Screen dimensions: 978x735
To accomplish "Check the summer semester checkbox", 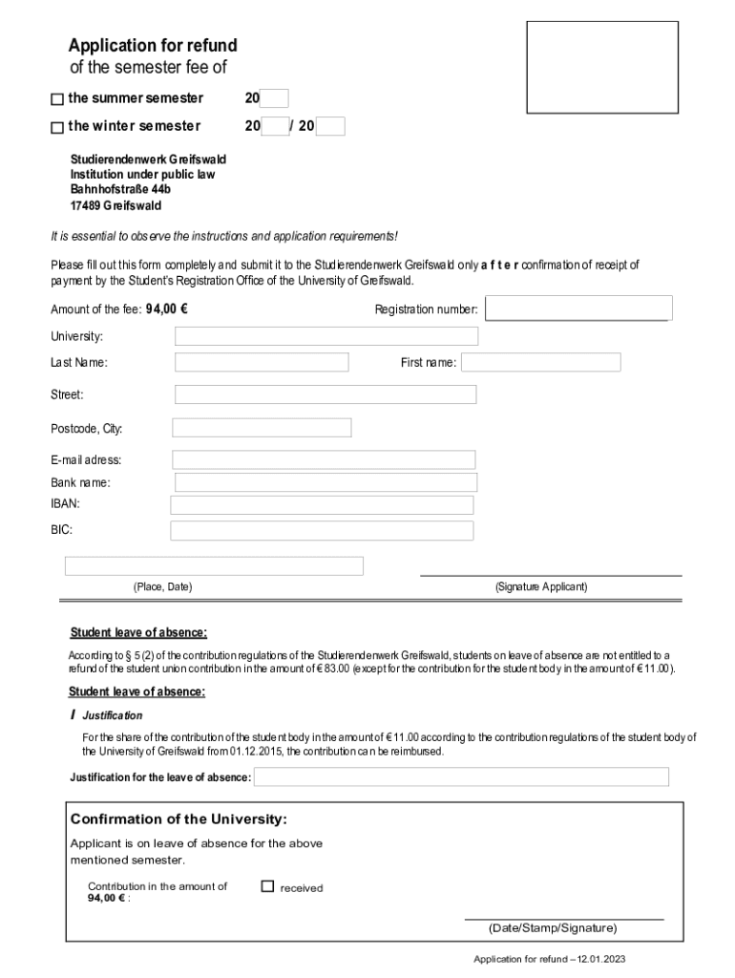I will [56, 99].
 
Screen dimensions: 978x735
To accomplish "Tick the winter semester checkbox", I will [56, 127].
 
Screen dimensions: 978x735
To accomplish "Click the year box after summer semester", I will [274, 98].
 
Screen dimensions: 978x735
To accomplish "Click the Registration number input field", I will [578, 308].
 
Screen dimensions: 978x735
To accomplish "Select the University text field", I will [326, 336].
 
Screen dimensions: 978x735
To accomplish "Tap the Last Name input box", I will [262, 363].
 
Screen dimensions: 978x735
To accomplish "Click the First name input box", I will [540, 363].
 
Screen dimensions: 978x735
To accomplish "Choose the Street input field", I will [325, 394].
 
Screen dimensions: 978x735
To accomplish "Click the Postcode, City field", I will [262, 428].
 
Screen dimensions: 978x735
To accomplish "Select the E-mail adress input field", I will [324, 460].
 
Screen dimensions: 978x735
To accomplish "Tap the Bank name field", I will [325, 482].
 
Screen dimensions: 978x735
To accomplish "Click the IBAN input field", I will [322, 505].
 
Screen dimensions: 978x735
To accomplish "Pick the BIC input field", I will [322, 530].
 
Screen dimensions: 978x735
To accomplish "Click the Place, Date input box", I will [214, 566].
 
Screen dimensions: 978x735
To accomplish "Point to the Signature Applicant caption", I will [541, 587].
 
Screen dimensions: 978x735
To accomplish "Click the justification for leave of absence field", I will [461, 776].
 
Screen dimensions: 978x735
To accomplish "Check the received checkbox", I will [267, 886].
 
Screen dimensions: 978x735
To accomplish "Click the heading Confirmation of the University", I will [178, 819].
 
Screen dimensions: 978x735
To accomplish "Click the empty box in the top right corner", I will [602, 67].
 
